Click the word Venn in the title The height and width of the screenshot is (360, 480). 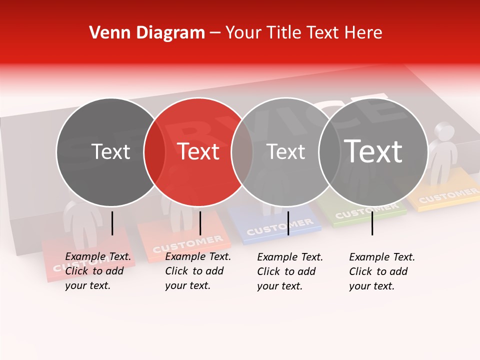105,33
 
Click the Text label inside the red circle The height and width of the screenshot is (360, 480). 198,151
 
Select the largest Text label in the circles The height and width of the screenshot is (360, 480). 373,151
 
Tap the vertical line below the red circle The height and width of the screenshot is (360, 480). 200,223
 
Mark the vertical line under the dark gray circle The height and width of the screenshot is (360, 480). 112,223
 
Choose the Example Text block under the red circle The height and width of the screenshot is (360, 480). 197,271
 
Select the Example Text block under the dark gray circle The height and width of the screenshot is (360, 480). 97,271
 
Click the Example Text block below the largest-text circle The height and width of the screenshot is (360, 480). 381,271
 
